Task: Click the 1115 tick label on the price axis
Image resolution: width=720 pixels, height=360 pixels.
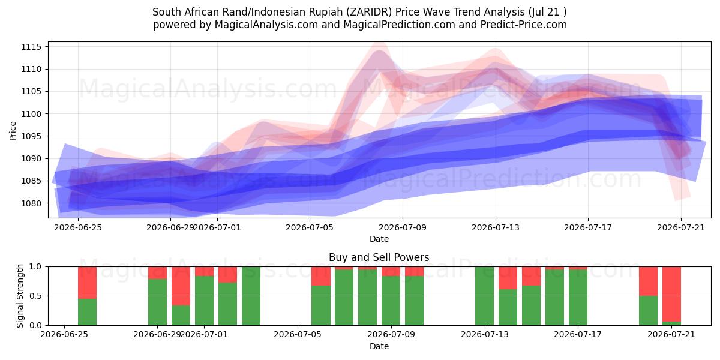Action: click(31, 47)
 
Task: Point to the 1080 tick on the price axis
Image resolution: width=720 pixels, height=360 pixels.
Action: click(31, 203)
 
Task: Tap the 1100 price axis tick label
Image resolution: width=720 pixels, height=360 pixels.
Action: click(31, 114)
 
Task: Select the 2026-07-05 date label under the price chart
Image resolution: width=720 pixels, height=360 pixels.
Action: click(310, 227)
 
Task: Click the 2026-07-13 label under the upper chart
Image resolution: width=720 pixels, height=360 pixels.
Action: click(496, 227)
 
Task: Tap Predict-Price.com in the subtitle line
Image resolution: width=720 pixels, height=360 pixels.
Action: click(524, 25)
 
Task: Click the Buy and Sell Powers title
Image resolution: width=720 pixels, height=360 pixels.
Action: click(379, 257)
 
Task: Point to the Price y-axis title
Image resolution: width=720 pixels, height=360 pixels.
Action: click(13, 131)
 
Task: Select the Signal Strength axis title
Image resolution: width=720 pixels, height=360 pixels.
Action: click(20, 296)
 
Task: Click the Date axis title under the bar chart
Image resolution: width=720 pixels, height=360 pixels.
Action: click(379, 346)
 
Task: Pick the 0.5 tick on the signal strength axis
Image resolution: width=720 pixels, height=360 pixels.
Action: click(35, 296)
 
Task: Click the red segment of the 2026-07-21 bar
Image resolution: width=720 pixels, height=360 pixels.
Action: click(671, 294)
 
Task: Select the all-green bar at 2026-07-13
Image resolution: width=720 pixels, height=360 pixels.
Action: click(484, 296)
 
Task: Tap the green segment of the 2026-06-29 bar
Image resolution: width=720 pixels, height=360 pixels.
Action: click(157, 302)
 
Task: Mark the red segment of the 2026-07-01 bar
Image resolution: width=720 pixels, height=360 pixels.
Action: click(204, 271)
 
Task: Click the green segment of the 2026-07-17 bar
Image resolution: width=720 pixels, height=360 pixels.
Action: click(578, 298)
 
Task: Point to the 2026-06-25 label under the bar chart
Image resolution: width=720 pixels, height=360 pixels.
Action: click(64, 335)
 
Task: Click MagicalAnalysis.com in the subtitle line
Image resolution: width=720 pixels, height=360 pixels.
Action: click(266, 25)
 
